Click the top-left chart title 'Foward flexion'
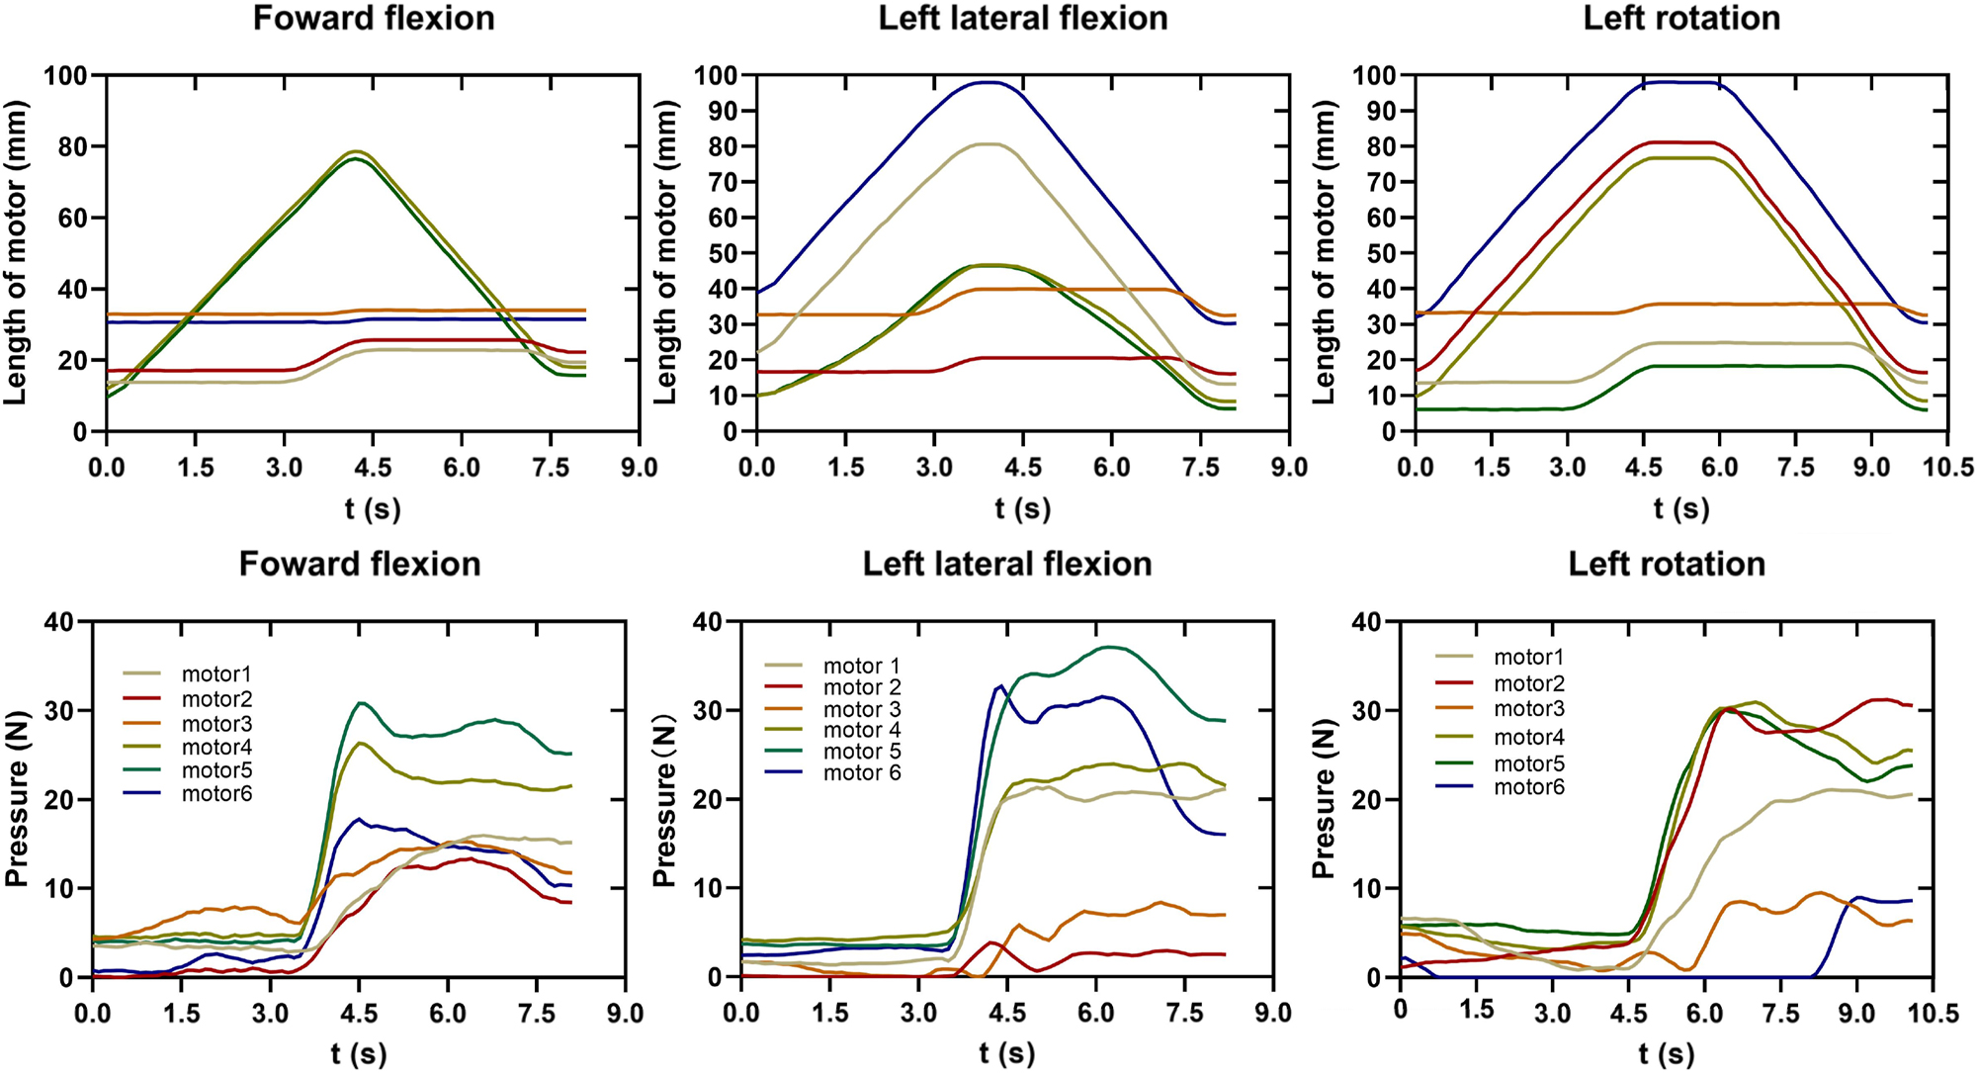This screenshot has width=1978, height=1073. [x=374, y=19]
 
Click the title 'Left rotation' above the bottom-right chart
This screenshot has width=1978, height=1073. [x=1667, y=565]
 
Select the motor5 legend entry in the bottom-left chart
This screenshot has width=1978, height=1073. [x=216, y=770]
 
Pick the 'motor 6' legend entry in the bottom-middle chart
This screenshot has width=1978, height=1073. [x=862, y=773]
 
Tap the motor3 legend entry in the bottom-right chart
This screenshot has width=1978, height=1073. [x=1528, y=709]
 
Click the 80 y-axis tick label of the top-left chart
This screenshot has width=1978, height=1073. [x=73, y=146]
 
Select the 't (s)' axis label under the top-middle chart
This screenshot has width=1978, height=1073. [x=1023, y=509]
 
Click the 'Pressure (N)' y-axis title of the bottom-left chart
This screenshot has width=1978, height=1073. [x=17, y=799]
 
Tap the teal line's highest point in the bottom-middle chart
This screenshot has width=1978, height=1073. [x=1111, y=647]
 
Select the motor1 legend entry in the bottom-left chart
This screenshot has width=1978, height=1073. [x=216, y=674]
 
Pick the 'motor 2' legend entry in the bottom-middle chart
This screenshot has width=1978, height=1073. [x=862, y=688]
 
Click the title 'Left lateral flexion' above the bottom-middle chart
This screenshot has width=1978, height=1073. [x=1007, y=565]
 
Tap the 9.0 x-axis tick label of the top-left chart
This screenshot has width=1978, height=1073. [x=640, y=467]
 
